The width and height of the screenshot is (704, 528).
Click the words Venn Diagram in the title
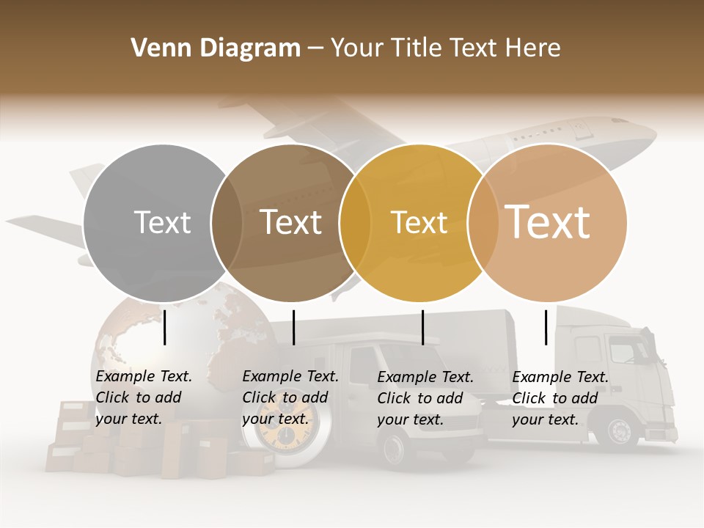pyautogui.click(x=216, y=48)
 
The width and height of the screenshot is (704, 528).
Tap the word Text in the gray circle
pyautogui.click(x=162, y=222)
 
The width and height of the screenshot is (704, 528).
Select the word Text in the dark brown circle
pyautogui.click(x=290, y=222)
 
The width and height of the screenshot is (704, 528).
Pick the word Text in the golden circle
pyautogui.click(x=419, y=222)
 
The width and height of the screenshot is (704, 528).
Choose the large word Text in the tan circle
pyautogui.click(x=548, y=221)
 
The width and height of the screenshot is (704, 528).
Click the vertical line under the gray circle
pyautogui.click(x=164, y=327)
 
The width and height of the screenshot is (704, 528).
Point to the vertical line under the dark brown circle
pyautogui.click(x=293, y=327)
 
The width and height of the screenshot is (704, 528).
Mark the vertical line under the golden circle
pyautogui.click(x=422, y=327)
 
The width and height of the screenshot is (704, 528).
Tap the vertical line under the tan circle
pyautogui.click(x=546, y=327)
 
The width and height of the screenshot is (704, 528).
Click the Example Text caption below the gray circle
pyautogui.click(x=143, y=397)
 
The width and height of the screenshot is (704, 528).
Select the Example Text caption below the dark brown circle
pyautogui.click(x=290, y=397)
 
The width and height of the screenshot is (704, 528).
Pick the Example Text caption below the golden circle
pyautogui.click(x=425, y=398)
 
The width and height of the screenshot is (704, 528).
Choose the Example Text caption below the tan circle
pyautogui.click(x=560, y=398)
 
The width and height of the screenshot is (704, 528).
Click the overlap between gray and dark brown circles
pyautogui.click(x=227, y=223)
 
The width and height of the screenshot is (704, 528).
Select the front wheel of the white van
pyautogui.click(x=396, y=448)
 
